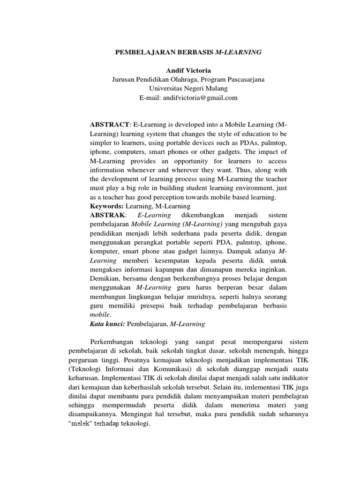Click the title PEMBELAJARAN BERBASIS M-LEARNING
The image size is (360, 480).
pos(188,52)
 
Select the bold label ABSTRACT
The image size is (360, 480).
pos(109,124)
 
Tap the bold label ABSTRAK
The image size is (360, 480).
pos(108,215)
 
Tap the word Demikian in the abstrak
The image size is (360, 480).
pos(104,278)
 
